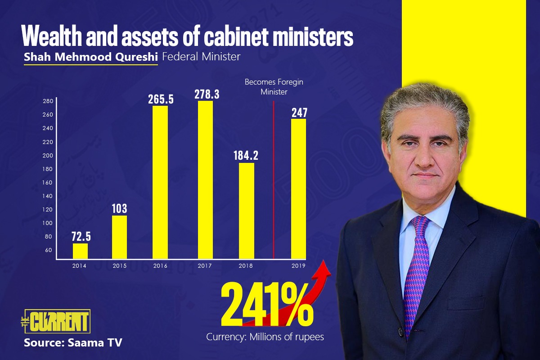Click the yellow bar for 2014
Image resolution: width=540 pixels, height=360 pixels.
(80, 251)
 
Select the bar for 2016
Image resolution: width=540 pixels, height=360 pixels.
(160, 182)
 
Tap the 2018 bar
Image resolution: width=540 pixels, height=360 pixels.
(246, 211)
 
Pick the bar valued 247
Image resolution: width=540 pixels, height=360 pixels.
(298, 189)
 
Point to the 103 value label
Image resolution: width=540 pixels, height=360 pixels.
(119, 209)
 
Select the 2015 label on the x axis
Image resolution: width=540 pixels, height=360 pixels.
(119, 266)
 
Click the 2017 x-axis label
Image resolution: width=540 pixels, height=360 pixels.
(204, 266)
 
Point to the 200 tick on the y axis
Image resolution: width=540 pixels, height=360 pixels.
(48, 156)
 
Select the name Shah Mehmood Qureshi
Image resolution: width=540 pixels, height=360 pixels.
(90, 57)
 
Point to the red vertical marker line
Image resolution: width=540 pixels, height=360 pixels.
(274, 180)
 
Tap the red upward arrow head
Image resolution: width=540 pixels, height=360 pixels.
(325, 268)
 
